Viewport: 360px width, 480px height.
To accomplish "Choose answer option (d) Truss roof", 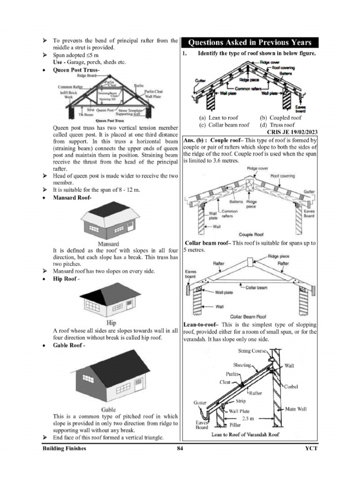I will [x=277, y=125].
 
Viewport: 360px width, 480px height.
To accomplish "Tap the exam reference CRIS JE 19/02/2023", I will [x=292, y=132].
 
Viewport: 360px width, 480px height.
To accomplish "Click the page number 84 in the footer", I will [x=180, y=449].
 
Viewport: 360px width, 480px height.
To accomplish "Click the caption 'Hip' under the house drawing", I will [x=112, y=323].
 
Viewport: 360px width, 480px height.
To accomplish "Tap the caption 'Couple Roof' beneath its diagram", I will [x=252, y=234].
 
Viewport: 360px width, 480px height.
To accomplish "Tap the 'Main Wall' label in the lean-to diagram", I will [x=296, y=409].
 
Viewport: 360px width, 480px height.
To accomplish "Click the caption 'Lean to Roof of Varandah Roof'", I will [x=245, y=435].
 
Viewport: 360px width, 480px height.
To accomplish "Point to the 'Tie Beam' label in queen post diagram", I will [x=84, y=114].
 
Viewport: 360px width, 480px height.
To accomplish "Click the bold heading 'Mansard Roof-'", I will [x=72, y=198].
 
